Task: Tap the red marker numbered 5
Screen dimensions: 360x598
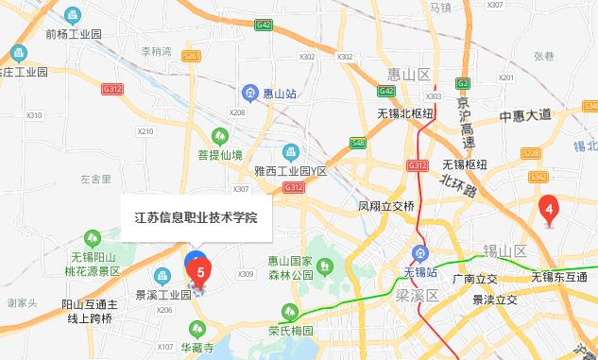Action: (199, 271)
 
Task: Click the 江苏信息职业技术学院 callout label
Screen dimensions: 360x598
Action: (196, 215)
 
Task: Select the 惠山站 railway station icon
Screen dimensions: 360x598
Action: (250, 93)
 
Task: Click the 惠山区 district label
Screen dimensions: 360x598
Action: (408, 74)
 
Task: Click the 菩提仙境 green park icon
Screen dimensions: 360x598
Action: (219, 136)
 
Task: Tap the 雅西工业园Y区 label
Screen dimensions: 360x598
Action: (291, 171)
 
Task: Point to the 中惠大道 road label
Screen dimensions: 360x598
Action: (524, 116)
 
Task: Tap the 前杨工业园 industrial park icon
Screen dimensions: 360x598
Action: (73, 16)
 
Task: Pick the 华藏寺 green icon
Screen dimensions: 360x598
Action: (197, 329)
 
